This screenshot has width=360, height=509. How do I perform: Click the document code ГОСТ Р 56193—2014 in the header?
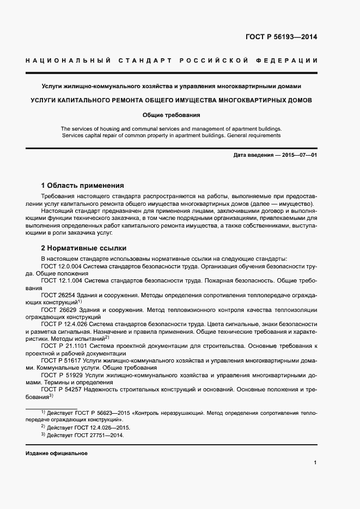click(282, 38)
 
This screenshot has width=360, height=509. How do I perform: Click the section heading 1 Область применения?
click(83, 185)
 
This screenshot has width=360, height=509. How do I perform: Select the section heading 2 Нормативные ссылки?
click(80, 247)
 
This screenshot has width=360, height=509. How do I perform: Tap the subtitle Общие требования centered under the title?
click(171, 115)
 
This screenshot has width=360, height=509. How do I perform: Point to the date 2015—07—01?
click(300, 155)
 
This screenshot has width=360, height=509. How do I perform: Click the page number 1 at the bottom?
click(315, 462)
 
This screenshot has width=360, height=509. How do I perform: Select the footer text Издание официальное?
click(56, 453)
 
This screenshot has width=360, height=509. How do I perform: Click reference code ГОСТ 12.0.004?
click(61, 267)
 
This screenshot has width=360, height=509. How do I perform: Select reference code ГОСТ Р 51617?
click(59, 360)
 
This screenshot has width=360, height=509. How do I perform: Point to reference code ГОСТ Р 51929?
click(59, 375)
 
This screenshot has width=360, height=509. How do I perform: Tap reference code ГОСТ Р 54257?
click(59, 389)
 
